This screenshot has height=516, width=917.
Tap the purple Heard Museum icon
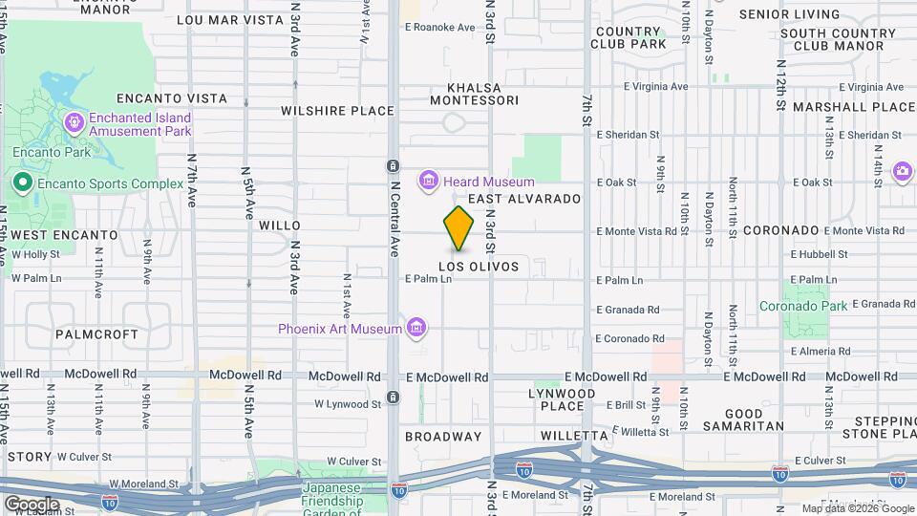[428, 182]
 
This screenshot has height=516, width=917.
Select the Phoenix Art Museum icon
[415, 329]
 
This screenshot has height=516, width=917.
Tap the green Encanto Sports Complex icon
[20, 183]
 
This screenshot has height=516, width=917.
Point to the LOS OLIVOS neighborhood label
[479, 267]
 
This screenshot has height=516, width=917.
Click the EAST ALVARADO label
[524, 199]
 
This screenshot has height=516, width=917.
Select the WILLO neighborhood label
[280, 226]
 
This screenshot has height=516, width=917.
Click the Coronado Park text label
[803, 307]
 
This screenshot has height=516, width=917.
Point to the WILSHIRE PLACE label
[337, 111]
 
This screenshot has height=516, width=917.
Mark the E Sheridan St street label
[629, 136]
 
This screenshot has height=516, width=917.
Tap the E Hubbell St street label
[819, 254]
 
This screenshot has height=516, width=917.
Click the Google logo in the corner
[31, 504]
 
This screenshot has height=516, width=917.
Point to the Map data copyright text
[856, 508]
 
